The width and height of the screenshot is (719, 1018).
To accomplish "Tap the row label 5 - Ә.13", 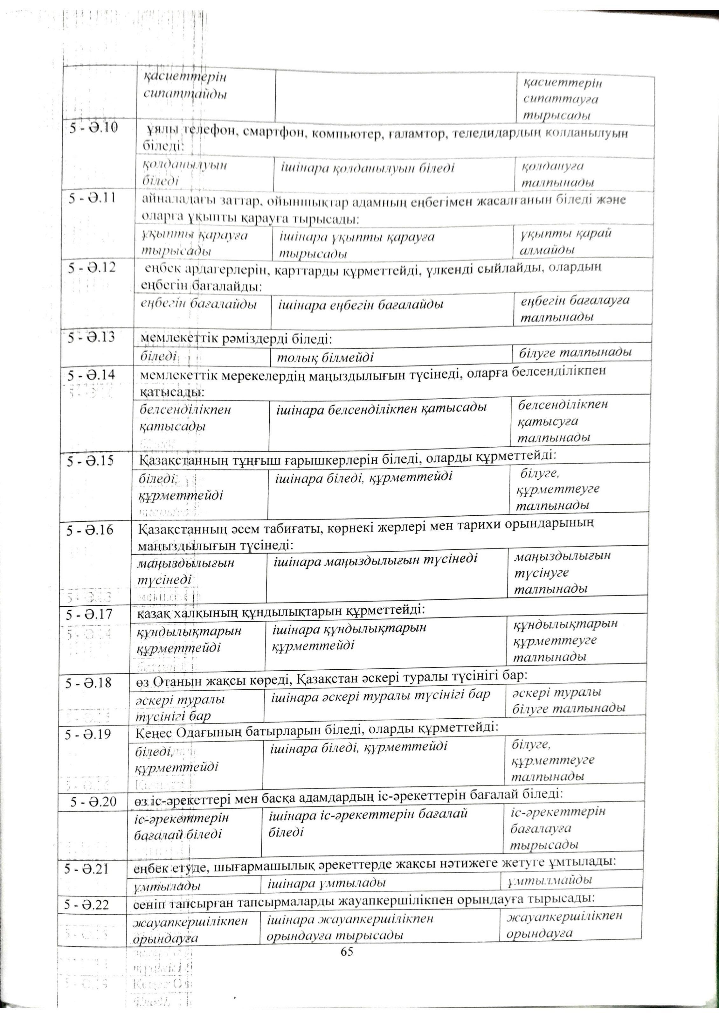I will (x=91, y=338).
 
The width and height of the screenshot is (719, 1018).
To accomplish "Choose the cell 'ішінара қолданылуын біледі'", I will (x=368, y=169).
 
